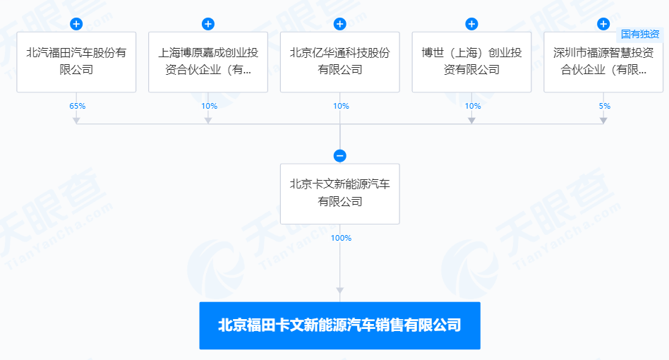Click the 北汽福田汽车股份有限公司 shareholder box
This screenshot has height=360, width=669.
76,61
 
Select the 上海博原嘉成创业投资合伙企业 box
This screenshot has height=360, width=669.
208,61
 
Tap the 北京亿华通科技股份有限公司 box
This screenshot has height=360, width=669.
339,61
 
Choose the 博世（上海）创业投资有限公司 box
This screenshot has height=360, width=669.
471,61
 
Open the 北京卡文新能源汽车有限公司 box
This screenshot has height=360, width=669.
339,193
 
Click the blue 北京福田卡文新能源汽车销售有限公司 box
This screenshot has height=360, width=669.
339,325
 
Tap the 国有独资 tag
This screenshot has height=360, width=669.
640,34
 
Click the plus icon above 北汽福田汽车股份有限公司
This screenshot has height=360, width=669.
76,24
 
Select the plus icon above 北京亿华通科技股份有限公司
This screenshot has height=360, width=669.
339,24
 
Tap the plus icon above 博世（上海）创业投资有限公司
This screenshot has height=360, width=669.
471,24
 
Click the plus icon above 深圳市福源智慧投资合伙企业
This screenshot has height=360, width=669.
603,24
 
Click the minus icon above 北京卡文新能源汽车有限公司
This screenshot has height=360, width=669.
339,156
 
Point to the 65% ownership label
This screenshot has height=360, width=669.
77,106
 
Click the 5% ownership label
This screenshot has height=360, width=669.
604,106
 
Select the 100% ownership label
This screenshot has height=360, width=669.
341,238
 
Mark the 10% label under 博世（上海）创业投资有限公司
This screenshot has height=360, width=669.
473,106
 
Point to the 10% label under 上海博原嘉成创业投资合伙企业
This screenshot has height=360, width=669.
209,106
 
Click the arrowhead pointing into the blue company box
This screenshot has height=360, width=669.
339,290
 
